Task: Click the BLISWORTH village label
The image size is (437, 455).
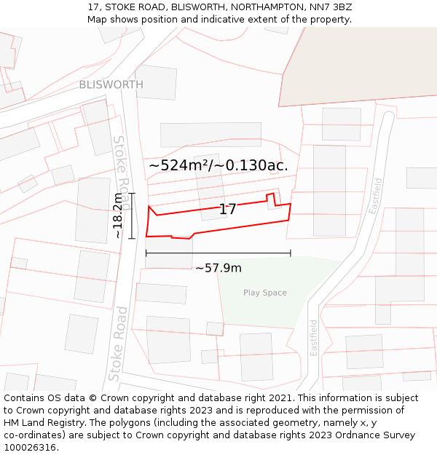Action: tap(111, 84)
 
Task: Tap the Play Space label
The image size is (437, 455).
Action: tap(265, 293)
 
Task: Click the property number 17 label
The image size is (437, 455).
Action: tap(227, 210)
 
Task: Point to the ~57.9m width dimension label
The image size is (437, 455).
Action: tap(219, 268)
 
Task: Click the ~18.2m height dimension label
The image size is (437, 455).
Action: tap(119, 216)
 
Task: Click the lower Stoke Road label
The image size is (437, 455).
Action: tap(119, 344)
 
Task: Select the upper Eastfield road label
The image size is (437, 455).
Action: tap(376, 195)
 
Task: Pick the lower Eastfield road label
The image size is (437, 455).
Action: tap(314, 338)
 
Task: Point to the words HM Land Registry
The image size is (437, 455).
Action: tap(45, 422)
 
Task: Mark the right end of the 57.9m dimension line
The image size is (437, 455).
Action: tap(291, 253)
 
